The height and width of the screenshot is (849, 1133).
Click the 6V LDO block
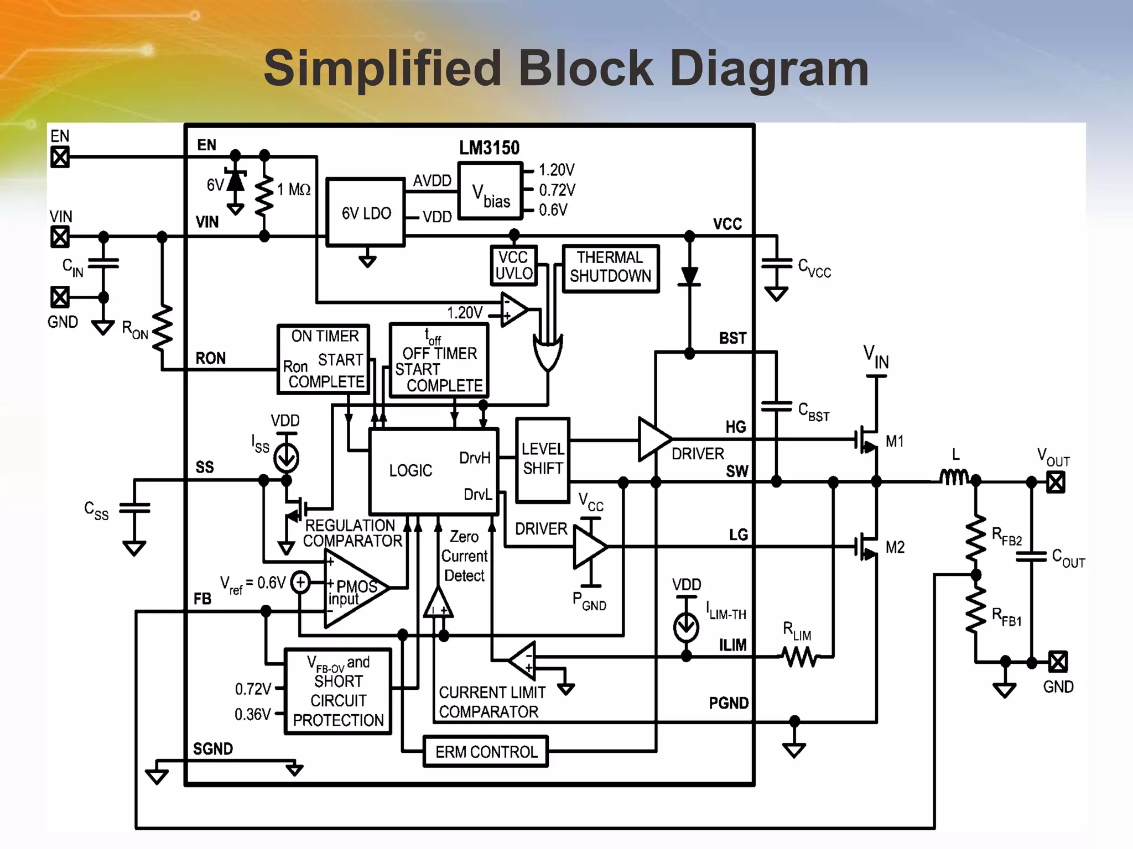(x=366, y=213)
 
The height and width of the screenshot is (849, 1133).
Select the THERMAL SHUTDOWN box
(x=610, y=268)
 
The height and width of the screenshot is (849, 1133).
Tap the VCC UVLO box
(x=514, y=266)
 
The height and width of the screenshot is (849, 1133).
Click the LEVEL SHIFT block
(x=543, y=460)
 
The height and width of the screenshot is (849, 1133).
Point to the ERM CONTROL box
(x=486, y=752)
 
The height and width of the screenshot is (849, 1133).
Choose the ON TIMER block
(x=324, y=359)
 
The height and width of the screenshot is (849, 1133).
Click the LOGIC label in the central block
(x=410, y=471)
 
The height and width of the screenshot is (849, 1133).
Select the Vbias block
(x=490, y=191)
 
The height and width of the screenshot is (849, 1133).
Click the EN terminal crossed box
(x=60, y=158)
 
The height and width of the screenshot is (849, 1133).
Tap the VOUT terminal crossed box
(x=1056, y=483)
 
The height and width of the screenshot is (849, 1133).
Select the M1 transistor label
(x=894, y=441)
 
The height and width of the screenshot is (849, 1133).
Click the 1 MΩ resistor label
(x=294, y=190)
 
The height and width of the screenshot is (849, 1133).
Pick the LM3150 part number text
(x=489, y=148)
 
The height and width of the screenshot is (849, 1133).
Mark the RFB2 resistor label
(x=1006, y=536)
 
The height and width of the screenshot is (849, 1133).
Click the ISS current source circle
(x=287, y=458)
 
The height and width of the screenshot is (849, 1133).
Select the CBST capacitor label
(x=813, y=412)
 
